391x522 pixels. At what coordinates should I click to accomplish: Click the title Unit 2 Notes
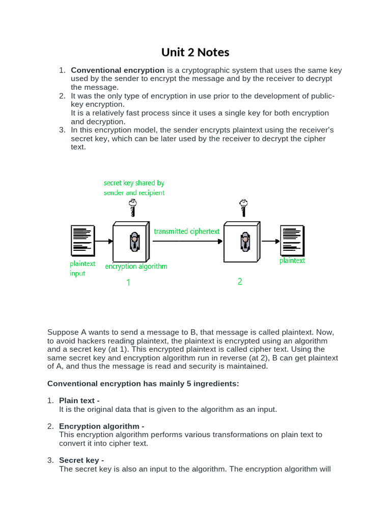coord(195,53)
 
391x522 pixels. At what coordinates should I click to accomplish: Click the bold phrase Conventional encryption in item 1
coord(118,70)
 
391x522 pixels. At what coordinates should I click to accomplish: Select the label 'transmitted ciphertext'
coord(187,231)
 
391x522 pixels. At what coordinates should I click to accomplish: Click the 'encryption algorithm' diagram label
coord(136,266)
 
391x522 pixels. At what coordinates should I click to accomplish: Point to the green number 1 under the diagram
coord(128,282)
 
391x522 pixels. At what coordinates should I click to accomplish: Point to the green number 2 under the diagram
coord(240,281)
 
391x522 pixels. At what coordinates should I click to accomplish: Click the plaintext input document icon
coord(82,239)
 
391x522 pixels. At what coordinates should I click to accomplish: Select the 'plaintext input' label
coord(82,269)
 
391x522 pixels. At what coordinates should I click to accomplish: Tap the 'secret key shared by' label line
coord(134,182)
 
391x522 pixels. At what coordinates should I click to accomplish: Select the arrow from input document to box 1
coord(104,241)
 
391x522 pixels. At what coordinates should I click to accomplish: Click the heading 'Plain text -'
coord(79,401)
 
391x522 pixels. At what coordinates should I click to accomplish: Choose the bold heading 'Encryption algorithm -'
coord(102,426)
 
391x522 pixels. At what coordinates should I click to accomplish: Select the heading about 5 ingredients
coord(143,383)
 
